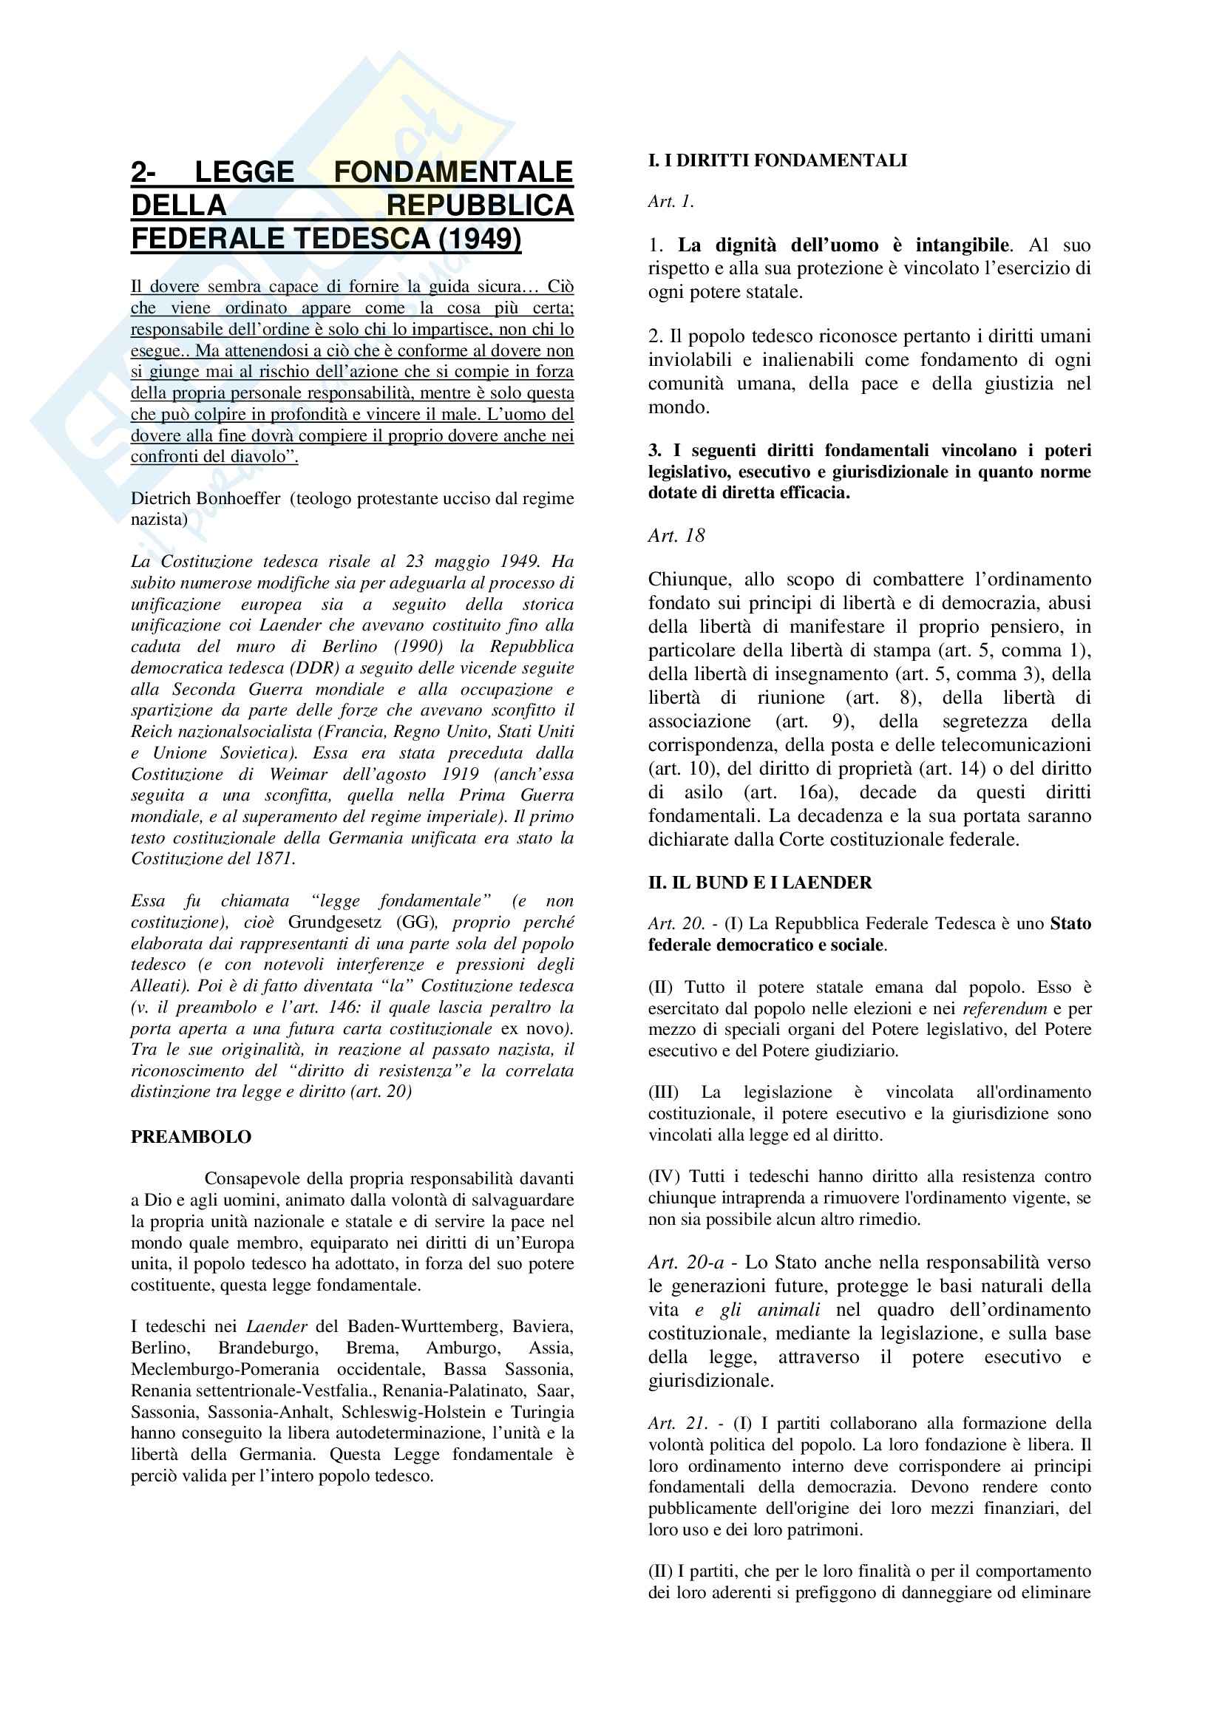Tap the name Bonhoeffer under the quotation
233,498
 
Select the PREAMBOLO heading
191,1136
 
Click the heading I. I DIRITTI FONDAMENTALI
777,160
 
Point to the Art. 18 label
676,535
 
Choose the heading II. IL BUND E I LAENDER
760,883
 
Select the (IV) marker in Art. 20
664,1176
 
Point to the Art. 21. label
677,1423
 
